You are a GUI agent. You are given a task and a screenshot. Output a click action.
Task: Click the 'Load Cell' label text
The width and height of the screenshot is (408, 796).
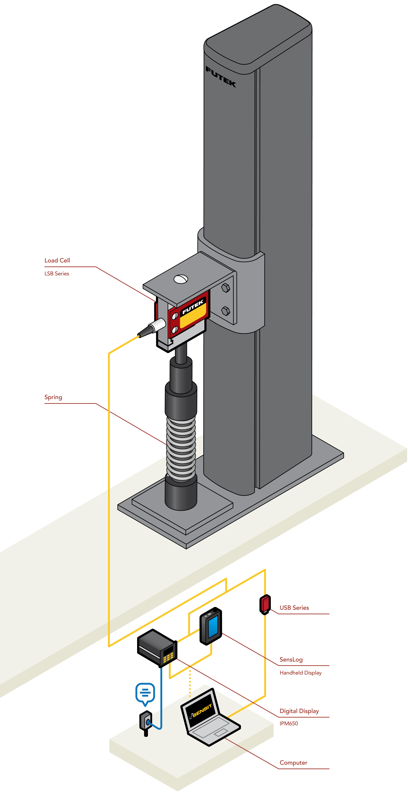coord(57,260)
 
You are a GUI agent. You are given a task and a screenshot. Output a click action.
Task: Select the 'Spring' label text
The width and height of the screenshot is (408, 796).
coord(53,397)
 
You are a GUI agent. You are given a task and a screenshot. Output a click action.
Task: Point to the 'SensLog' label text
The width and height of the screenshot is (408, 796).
coord(291,659)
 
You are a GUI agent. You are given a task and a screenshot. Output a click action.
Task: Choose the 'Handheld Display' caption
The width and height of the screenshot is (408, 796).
coord(300,673)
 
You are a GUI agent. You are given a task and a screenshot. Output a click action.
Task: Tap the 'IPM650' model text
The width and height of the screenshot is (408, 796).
coord(289,723)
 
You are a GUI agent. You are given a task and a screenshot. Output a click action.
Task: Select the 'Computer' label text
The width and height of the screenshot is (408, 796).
coord(293,763)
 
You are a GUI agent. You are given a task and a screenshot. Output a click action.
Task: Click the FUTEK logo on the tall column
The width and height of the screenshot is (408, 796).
coord(221,77)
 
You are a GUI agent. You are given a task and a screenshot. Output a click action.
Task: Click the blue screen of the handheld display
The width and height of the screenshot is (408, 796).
coord(213,627)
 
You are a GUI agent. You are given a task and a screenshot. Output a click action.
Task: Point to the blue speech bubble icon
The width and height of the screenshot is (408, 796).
coord(145,693)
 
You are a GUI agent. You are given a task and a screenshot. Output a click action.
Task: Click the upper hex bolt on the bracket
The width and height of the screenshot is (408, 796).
coord(225,288)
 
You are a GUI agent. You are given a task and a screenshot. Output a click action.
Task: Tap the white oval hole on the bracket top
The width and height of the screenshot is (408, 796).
coord(181,279)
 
